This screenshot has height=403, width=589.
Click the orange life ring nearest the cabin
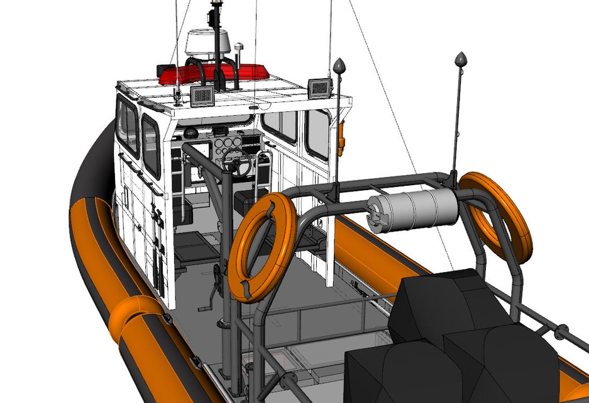pyautogui.click(x=262, y=247)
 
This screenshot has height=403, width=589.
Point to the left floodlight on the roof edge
pyautogui.click(x=202, y=96)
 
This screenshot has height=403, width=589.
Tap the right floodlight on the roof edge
pyautogui.click(x=319, y=88)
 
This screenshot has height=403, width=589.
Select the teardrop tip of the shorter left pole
pyautogui.click(x=340, y=65)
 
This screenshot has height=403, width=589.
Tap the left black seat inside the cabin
pyautogui.click(x=184, y=208)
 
